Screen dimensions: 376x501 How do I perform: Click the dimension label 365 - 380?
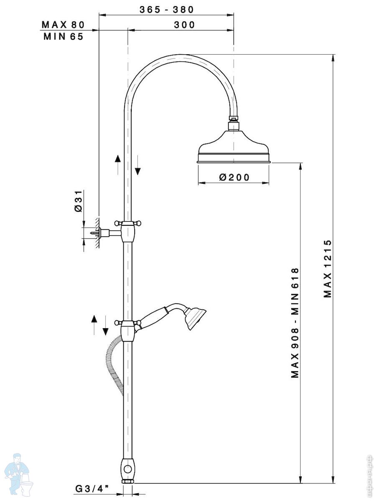pyautogui.click(x=167, y=10)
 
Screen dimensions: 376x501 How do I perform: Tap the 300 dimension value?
pyautogui.click(x=185, y=25)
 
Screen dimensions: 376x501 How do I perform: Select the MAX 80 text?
pyautogui.click(x=63, y=25)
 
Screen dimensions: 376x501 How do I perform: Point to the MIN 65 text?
pyautogui.click(x=63, y=36)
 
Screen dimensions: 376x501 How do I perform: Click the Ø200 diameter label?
pyautogui.click(x=234, y=177)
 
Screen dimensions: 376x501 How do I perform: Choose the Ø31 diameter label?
pyautogui.click(x=78, y=201)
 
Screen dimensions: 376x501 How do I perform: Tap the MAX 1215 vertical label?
pyautogui.click(x=328, y=268)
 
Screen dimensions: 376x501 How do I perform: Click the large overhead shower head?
pyautogui.click(x=234, y=147)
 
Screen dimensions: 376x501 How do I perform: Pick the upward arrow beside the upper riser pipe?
pyautogui.click(x=117, y=164)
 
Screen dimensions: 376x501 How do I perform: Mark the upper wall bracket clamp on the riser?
pyautogui.click(x=128, y=231)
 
